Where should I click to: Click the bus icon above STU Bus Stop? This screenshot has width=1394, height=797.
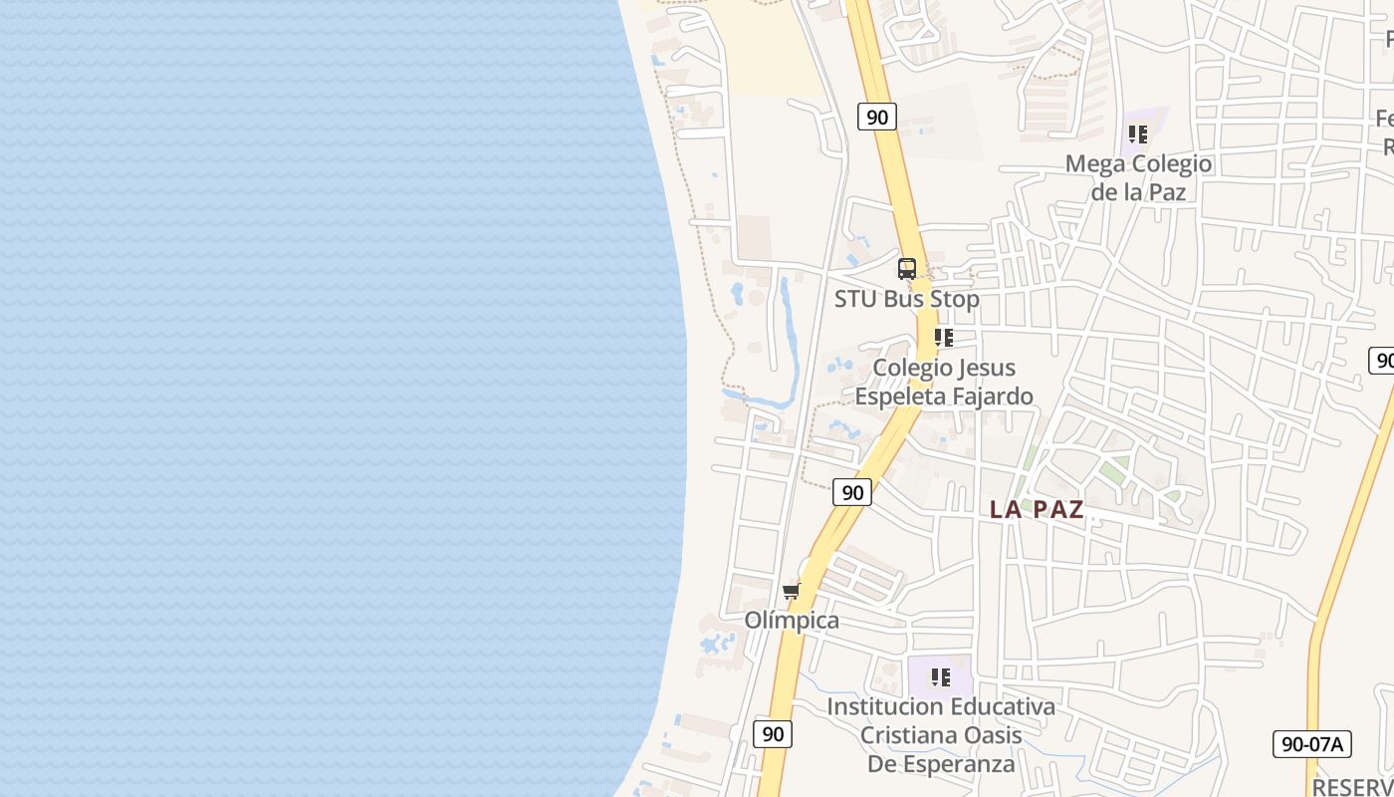coord(907,269)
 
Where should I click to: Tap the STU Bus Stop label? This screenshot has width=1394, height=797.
coord(906,299)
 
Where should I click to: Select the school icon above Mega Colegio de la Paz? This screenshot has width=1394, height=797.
coord(1138,134)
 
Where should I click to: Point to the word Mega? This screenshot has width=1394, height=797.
coord(1094,163)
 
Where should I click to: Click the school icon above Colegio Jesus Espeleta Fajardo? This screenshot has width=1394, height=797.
coord(943,339)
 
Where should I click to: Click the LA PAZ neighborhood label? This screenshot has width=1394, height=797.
coord(1037,509)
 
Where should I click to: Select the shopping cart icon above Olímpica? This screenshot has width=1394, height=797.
coord(792,592)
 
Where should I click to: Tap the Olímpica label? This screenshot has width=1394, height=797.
coord(792,621)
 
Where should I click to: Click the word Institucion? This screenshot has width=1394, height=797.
coord(880,706)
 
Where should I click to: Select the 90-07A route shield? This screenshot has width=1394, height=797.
coord(1311,743)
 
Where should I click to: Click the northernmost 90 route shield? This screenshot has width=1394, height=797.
coord(876,118)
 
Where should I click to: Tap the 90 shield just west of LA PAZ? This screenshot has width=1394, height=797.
coord(852,492)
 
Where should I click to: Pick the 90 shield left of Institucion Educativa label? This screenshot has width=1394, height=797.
coord(773,734)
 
